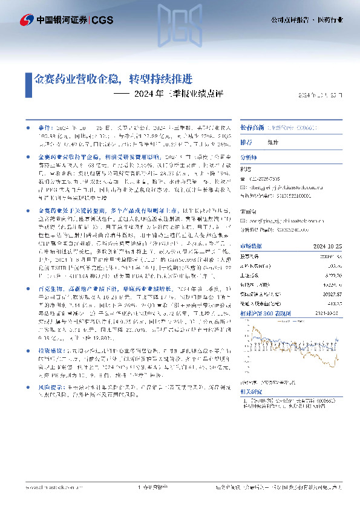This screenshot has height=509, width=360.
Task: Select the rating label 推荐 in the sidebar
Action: coord(246,142)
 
